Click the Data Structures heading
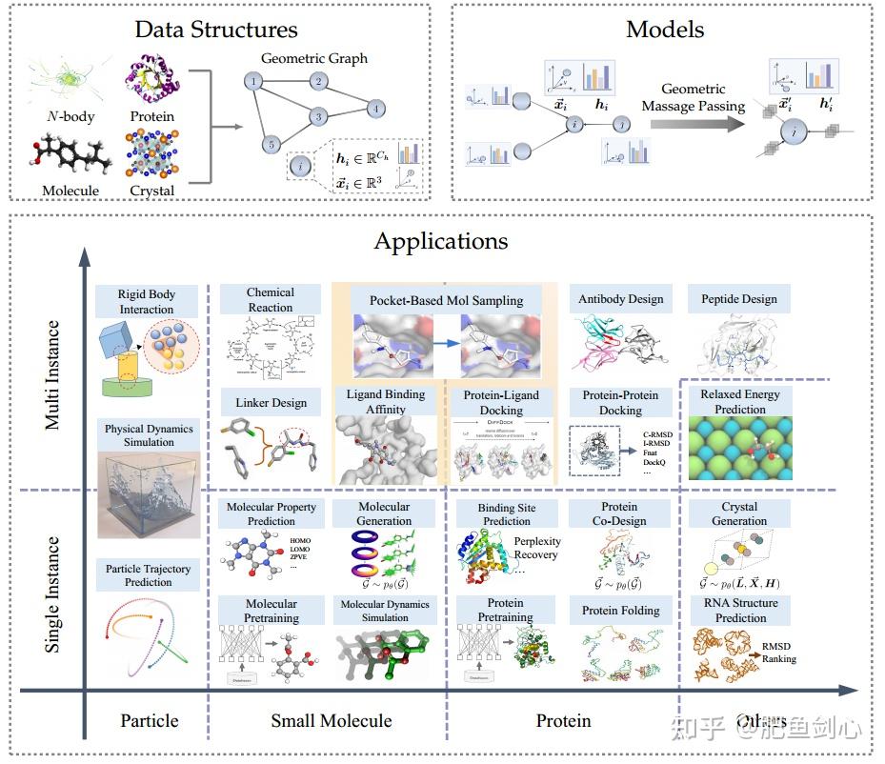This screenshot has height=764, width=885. click(x=216, y=30)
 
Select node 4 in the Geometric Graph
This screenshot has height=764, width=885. click(x=376, y=109)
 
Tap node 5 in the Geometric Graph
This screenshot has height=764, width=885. click(x=270, y=145)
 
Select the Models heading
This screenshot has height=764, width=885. click(x=665, y=30)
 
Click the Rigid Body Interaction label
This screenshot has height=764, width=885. click(x=147, y=301)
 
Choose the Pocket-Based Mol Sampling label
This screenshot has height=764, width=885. click(x=446, y=300)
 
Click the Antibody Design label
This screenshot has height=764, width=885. click(x=620, y=299)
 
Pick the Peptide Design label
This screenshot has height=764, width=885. click(x=739, y=299)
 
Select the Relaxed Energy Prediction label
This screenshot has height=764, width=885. click(x=740, y=401)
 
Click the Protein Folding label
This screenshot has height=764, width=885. click(x=620, y=611)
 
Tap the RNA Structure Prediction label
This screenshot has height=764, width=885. click(x=740, y=610)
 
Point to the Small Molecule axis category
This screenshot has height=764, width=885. click(x=331, y=721)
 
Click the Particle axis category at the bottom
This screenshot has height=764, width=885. click(x=150, y=721)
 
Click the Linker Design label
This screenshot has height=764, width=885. click(x=272, y=403)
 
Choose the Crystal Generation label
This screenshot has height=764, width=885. click(x=739, y=513)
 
